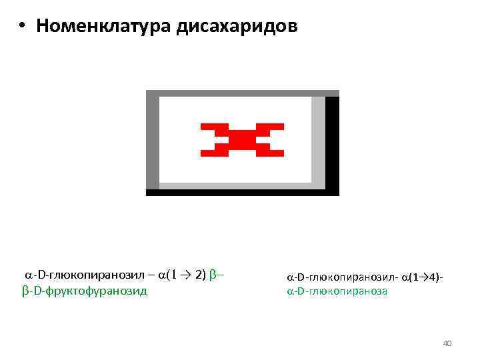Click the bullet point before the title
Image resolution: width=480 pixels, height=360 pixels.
coord(22,27)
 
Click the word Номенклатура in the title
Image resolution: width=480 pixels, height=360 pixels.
coord(105,26)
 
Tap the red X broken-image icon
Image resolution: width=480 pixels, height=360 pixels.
coord(242,140)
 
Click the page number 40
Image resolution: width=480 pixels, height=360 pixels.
coord(447,343)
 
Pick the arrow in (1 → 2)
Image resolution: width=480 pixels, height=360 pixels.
coord(184,275)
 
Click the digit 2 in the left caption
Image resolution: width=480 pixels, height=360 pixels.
coord(197,275)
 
